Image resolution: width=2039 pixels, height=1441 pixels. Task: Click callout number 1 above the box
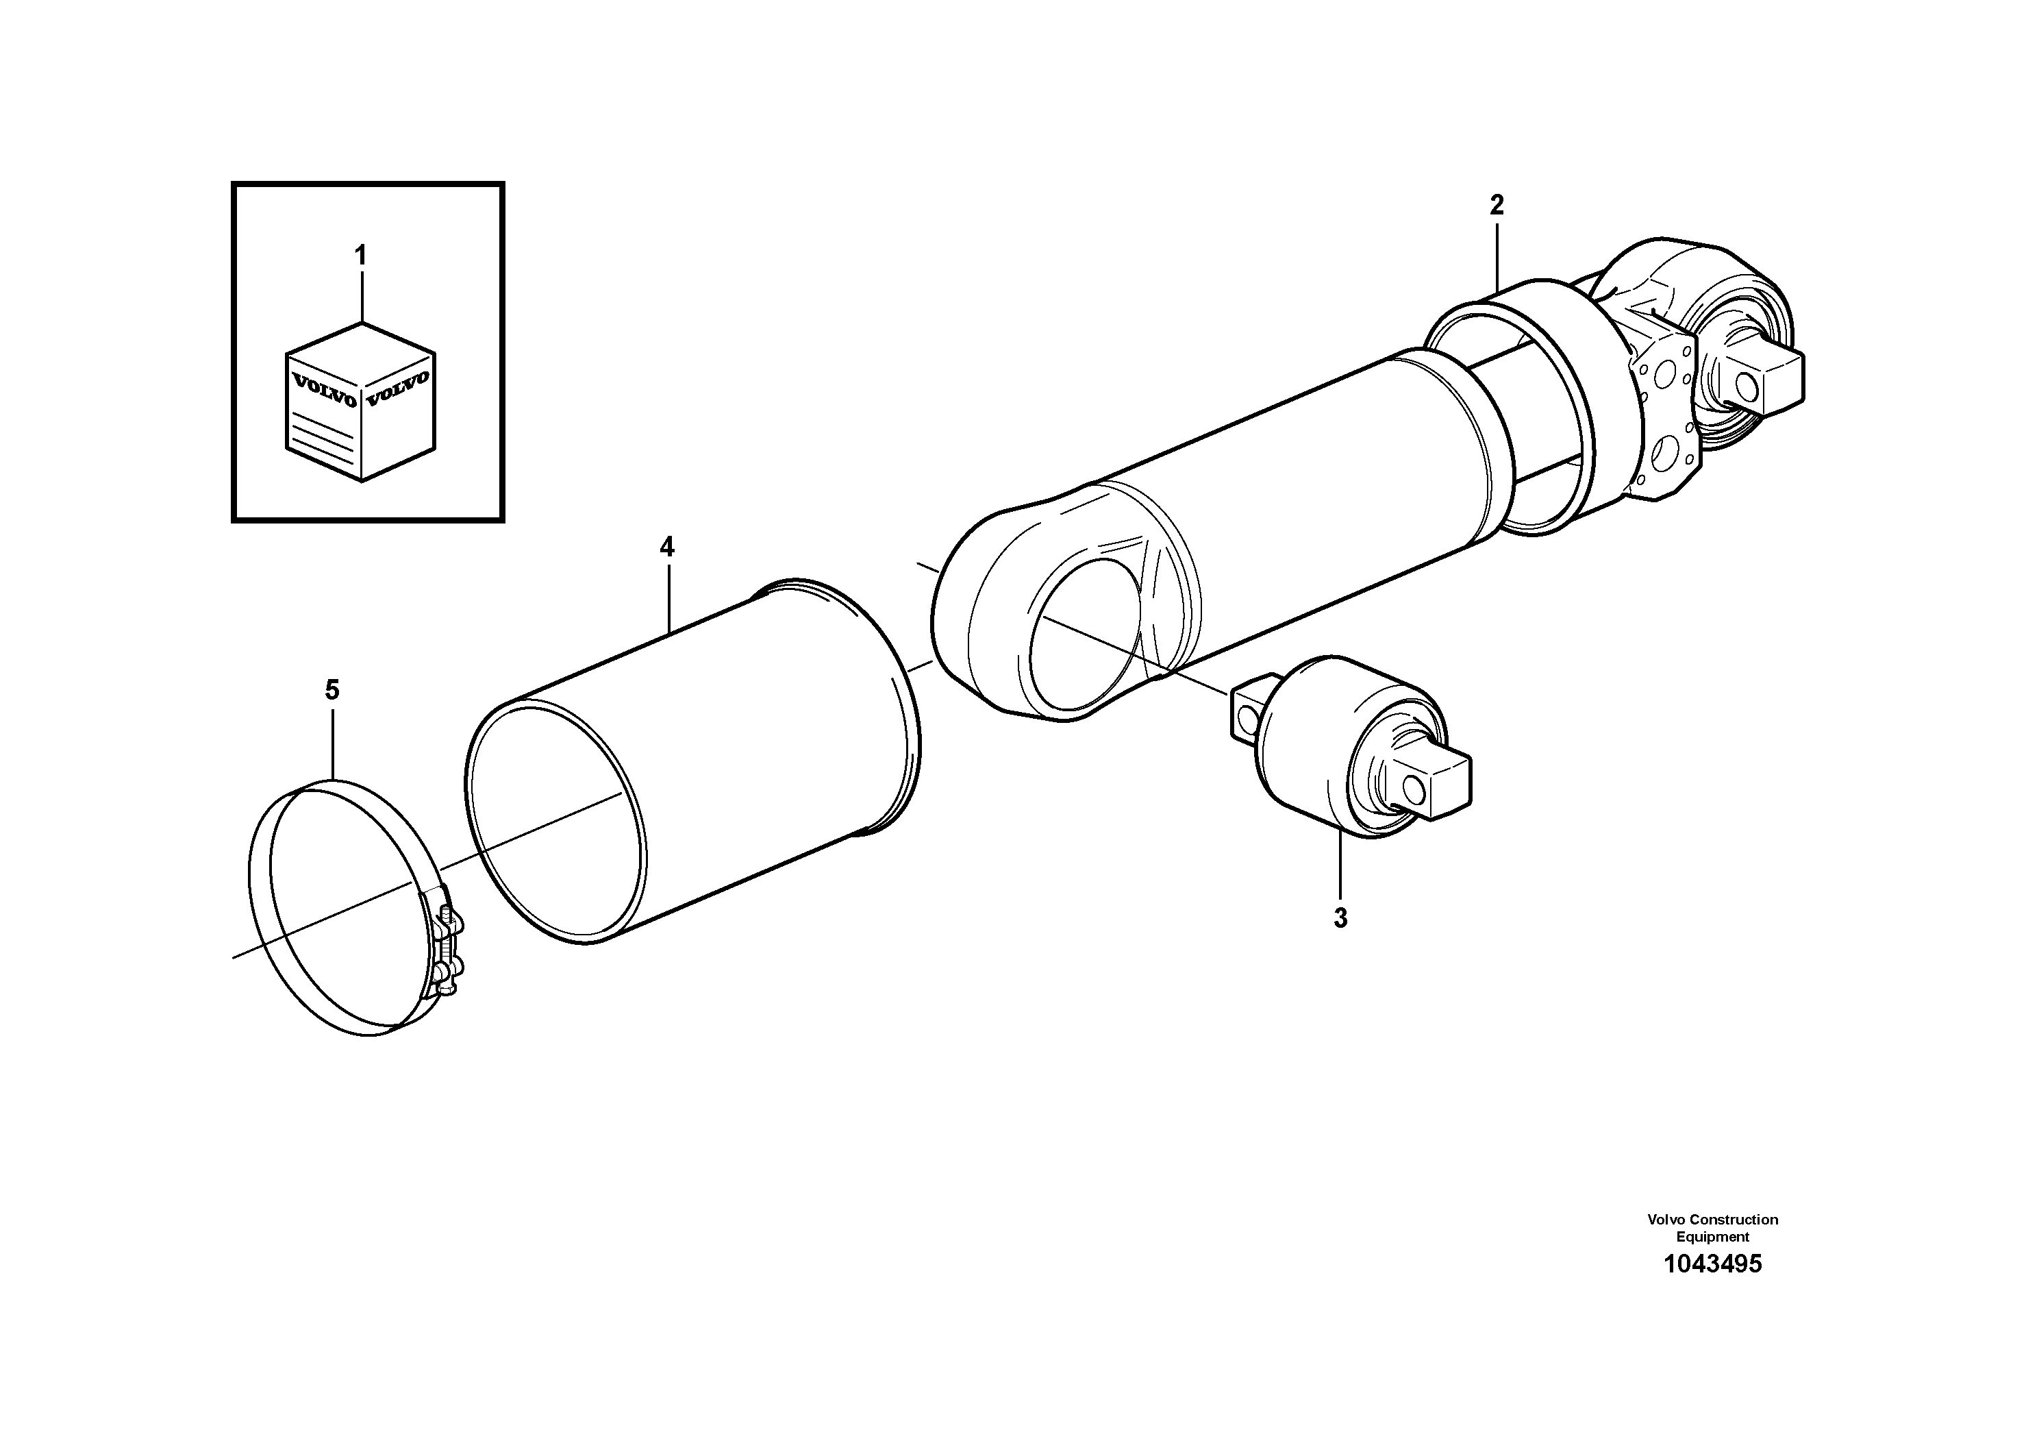click(360, 256)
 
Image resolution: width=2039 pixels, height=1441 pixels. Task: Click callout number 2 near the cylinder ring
click(1497, 206)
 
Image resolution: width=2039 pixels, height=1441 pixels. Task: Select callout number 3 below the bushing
click(1340, 917)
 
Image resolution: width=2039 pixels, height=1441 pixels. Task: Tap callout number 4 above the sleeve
click(667, 547)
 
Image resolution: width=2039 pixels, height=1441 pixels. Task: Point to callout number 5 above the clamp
click(332, 689)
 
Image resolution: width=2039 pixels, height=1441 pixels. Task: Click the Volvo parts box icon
click(360, 402)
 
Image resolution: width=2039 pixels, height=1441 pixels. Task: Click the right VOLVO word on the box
click(398, 389)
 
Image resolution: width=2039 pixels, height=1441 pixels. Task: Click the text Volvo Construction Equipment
click(1712, 1228)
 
